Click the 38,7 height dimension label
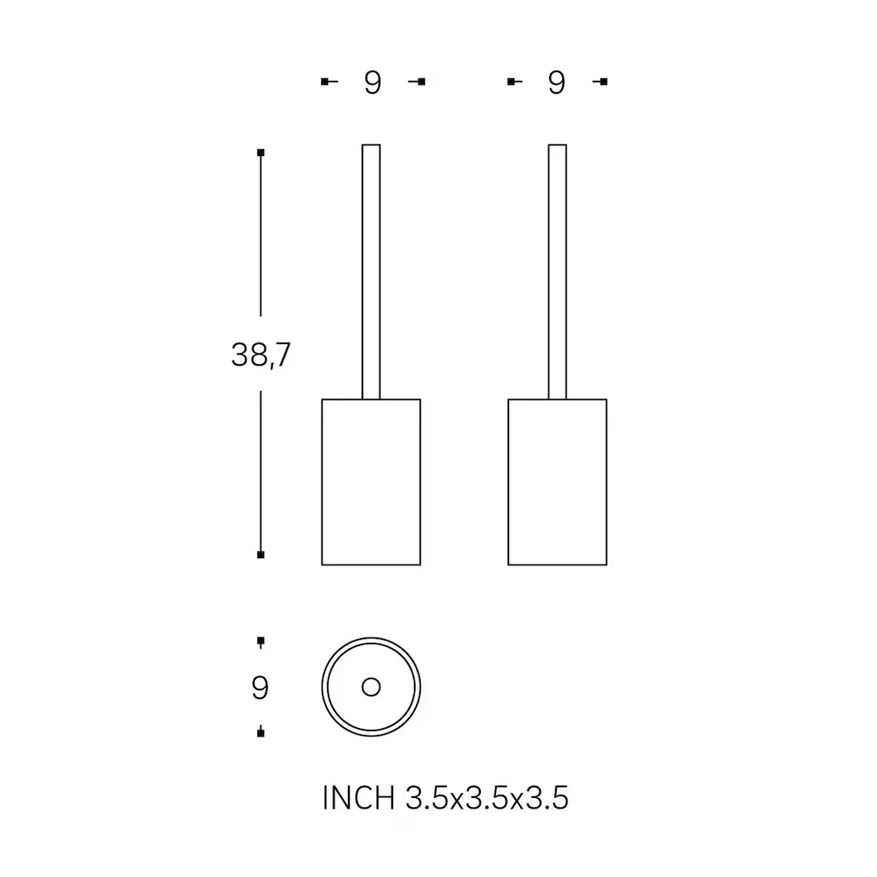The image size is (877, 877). click(260, 355)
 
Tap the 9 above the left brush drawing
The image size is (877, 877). click(372, 83)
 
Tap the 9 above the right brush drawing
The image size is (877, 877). click(557, 83)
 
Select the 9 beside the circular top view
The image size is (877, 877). click(260, 687)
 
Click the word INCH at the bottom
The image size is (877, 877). click(359, 798)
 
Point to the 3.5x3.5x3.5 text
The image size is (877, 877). click(487, 798)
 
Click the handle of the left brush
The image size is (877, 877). click(371, 272)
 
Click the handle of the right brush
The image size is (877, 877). click(557, 272)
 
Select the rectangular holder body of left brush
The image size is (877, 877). click(371, 482)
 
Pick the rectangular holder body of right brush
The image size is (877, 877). click(557, 482)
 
